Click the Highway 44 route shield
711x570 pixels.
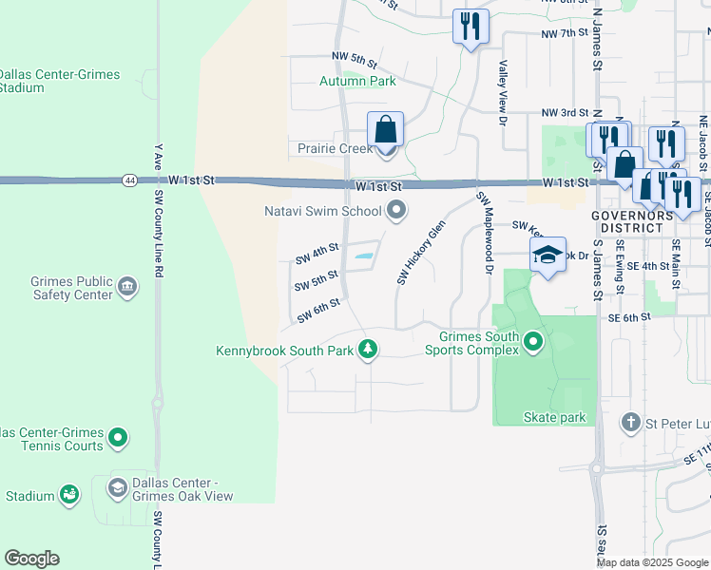[128, 180]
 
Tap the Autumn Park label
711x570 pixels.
[357, 82]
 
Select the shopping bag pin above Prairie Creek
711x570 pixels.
[385, 129]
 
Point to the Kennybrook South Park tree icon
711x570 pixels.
[368, 351]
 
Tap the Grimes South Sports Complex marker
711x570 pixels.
[533, 342]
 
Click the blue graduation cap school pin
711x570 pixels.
[548, 255]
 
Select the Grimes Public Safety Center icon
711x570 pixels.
[127, 286]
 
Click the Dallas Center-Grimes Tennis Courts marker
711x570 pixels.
[118, 438]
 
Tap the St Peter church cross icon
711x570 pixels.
[630, 421]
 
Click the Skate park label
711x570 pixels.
[554, 417]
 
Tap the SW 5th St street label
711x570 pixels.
[317, 281]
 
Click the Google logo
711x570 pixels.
[31, 559]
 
